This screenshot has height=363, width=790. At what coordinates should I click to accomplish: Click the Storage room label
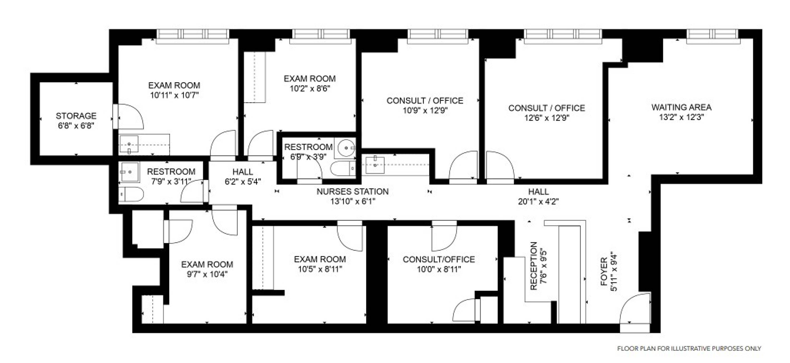76,116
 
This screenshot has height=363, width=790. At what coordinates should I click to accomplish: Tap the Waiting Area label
681,107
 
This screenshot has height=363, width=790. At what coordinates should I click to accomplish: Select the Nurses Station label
352,192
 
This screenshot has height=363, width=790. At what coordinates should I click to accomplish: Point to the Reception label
534,266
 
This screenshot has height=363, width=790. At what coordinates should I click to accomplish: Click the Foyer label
604,272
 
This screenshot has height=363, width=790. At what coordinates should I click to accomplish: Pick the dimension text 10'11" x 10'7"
174,95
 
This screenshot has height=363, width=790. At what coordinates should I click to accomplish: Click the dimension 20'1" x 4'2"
538,202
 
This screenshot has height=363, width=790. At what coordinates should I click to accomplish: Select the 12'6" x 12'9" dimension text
546,118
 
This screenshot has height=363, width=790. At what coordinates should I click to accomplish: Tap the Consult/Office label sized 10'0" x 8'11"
438,259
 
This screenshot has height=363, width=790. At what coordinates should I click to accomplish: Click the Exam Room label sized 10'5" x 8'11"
320,259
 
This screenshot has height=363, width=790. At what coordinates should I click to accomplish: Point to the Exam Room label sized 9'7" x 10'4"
207,264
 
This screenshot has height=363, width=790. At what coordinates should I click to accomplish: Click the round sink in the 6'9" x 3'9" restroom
346,148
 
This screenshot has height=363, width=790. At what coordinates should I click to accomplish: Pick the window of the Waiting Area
712,34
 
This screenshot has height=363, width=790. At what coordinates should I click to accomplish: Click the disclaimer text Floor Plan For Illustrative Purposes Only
689,349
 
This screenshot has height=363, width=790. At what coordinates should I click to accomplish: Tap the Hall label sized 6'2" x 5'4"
243,172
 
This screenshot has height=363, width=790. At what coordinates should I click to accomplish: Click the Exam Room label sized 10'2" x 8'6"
310,79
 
